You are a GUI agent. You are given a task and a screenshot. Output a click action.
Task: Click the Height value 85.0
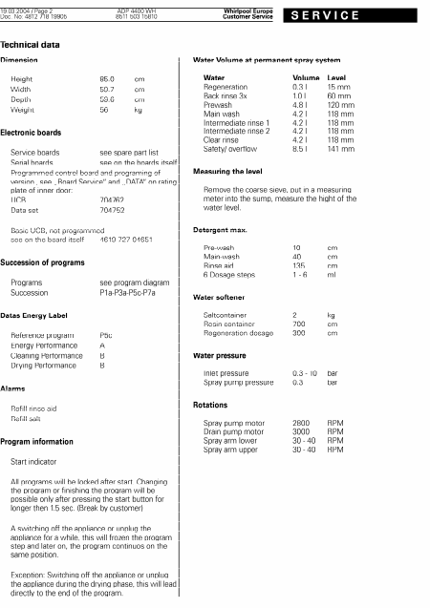(108, 79)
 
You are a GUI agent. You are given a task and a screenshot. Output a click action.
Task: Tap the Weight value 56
(104, 111)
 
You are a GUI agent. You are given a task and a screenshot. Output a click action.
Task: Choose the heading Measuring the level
(234, 170)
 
